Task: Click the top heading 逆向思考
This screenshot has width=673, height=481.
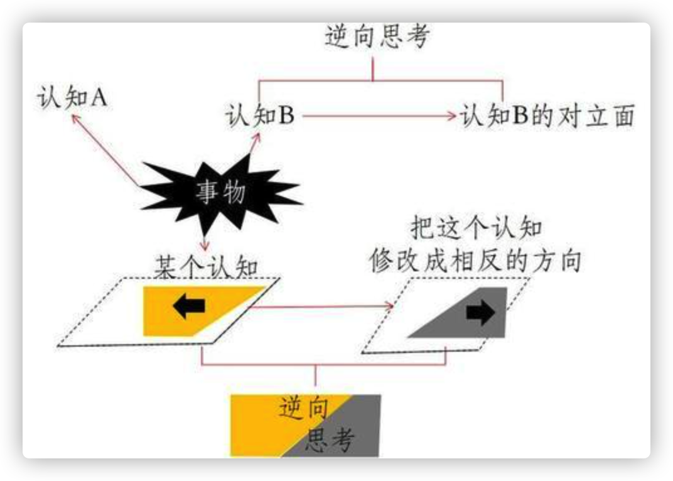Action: (x=377, y=37)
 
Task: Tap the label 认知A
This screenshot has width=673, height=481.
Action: (x=72, y=99)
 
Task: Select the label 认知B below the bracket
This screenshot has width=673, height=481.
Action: (x=259, y=116)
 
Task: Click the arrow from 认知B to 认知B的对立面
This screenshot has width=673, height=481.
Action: (x=377, y=116)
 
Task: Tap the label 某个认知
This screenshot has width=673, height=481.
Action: (x=206, y=268)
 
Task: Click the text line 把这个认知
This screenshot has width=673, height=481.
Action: (x=476, y=229)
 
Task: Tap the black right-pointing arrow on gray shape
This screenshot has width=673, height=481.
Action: (x=481, y=313)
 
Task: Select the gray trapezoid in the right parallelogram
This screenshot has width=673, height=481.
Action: (x=465, y=314)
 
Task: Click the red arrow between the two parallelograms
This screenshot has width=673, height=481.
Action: (x=320, y=307)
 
